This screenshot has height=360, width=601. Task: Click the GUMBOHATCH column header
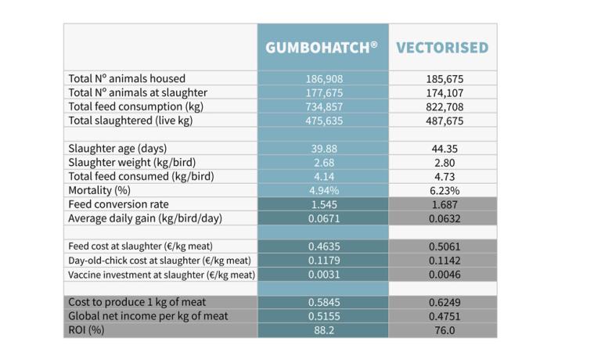[322, 48]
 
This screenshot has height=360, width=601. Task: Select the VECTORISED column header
[442, 48]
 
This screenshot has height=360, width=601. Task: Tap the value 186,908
[324, 79]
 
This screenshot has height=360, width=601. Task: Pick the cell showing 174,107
[443, 93]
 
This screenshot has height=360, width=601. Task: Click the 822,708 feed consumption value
[443, 107]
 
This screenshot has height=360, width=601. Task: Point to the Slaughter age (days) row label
[117, 149]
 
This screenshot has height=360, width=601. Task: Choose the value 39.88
[324, 149]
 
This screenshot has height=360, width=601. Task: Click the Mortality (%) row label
[98, 190]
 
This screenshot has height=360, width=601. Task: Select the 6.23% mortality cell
[443, 190]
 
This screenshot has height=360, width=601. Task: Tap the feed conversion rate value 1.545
[324, 204]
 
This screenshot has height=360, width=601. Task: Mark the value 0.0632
[443, 218]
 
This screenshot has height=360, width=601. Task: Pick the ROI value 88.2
[324, 330]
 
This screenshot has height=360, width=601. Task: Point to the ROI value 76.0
[443, 330]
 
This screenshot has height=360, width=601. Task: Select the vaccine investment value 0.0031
[324, 275]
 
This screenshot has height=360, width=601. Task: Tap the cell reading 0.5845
[324, 302]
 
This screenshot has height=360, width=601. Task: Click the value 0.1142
[443, 261]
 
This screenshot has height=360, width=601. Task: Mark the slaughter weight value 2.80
[443, 163]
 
